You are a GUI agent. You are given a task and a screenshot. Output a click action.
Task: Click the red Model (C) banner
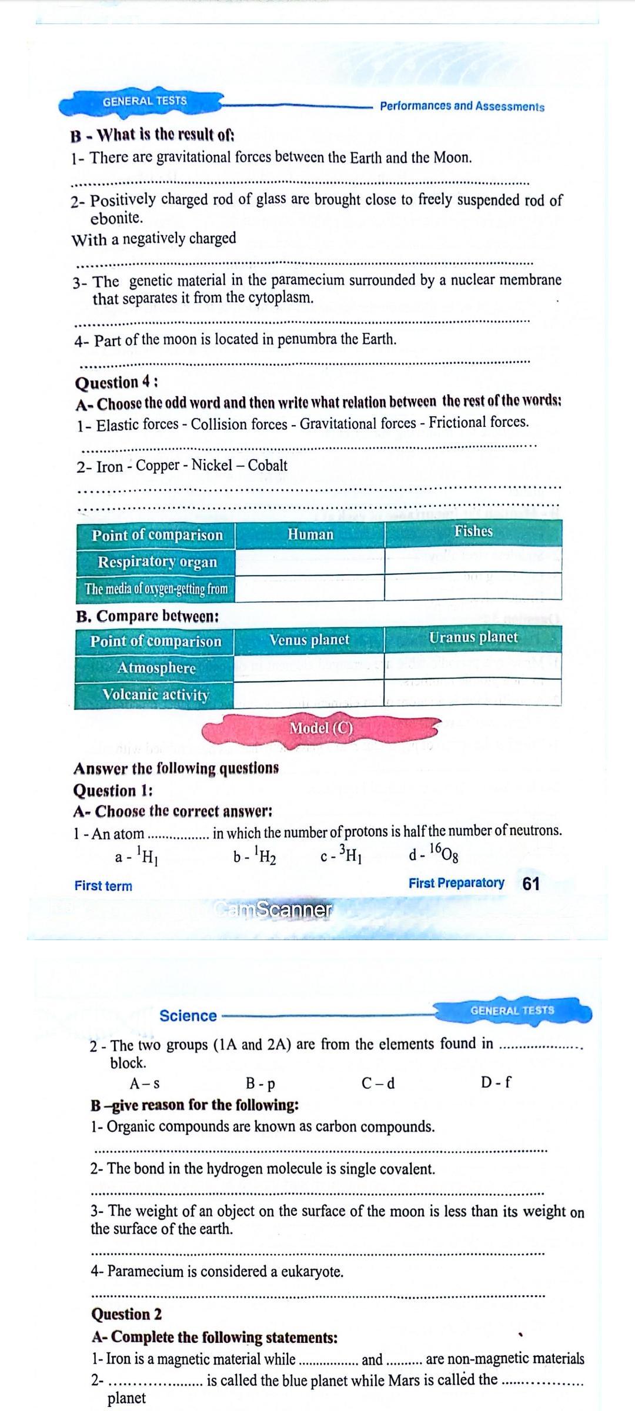pos(320,728)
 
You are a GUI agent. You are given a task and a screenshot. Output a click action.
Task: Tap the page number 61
pos(530,884)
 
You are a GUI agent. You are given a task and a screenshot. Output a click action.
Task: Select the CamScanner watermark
pos(274,910)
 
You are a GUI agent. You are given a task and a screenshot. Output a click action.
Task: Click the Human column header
pos(310,534)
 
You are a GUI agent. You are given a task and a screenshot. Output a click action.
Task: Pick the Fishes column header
pos(473,531)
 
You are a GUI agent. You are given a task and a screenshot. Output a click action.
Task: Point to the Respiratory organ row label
pos(157,562)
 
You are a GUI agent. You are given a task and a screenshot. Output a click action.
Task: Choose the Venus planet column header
pos(309,640)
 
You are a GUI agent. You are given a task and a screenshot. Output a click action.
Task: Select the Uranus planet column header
pos(473,638)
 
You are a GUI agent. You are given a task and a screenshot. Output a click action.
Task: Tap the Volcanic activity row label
pos(156,695)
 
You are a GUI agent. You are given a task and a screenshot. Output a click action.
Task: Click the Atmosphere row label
pos(156,668)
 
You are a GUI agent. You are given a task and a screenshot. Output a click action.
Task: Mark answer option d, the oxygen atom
pos(433,853)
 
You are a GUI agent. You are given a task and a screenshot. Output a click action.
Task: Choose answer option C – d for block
pos(378,1082)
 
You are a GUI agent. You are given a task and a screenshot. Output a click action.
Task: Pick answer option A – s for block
pos(145,1083)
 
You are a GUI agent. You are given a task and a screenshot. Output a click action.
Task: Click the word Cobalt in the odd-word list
pos(268,466)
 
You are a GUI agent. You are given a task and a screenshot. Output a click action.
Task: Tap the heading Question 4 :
pos(116,382)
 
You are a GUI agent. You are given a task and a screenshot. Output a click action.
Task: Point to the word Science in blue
pos(188,1016)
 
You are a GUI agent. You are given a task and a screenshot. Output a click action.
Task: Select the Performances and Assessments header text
pos(462,106)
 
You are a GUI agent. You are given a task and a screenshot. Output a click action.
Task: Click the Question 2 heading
pos(126,1314)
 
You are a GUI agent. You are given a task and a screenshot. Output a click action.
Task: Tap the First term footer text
pos(103,886)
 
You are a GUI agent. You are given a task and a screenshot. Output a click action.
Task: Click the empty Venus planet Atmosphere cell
pos(309,666)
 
